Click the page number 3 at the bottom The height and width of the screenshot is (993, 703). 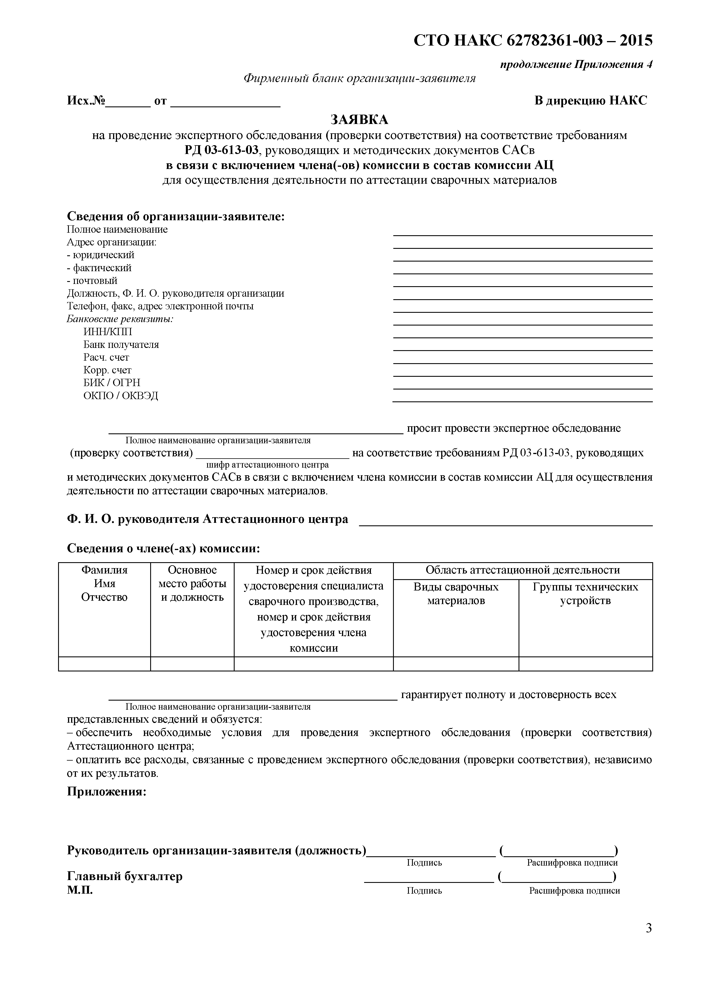tap(649, 928)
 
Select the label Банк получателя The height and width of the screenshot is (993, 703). tap(121, 345)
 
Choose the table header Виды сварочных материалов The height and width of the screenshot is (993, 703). tap(456, 594)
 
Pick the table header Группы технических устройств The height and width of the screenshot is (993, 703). tap(585, 594)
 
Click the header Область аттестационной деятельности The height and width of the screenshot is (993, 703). tap(523, 570)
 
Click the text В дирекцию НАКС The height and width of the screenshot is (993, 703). tap(591, 101)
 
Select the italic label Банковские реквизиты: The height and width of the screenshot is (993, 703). tap(120, 319)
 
